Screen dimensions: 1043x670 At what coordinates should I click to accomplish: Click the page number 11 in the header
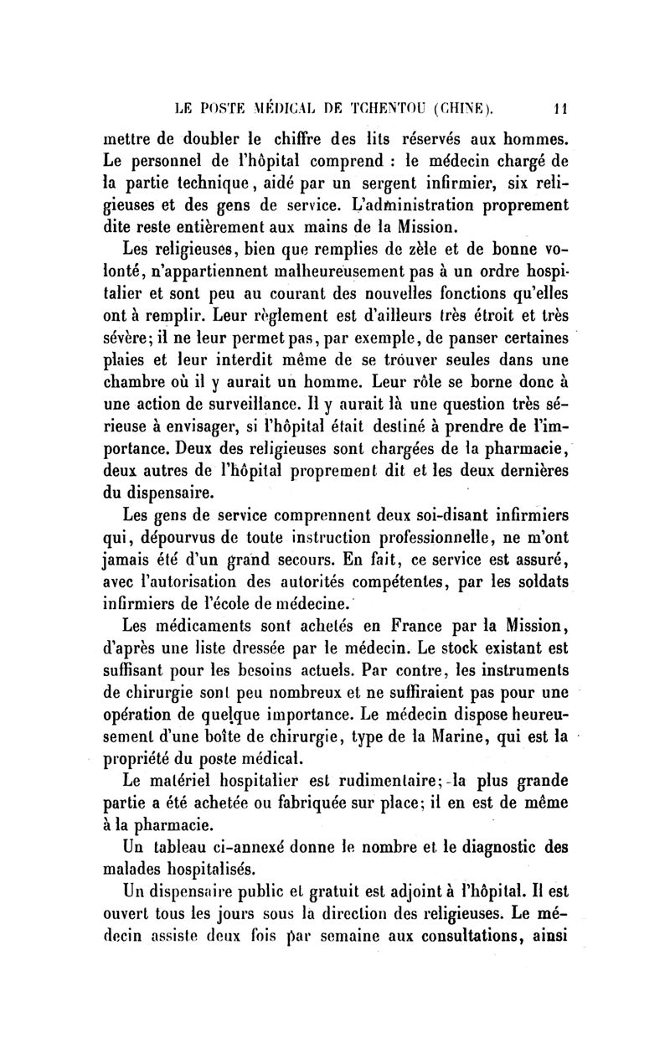pyautogui.click(x=566, y=106)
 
